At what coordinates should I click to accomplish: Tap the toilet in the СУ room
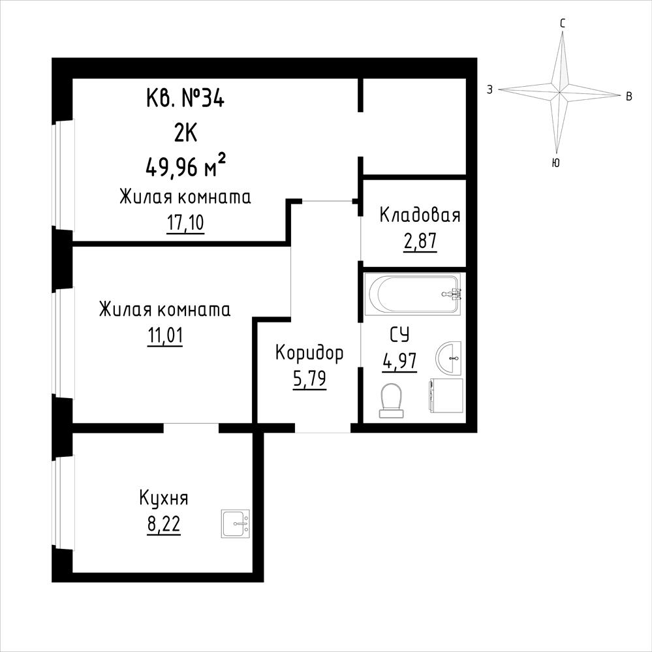pos(392,400)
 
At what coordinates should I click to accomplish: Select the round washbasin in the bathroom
pos(448,358)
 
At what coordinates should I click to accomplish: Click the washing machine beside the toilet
pos(446,396)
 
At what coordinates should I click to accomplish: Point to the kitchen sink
pos(236,523)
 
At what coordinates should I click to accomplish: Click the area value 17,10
pos(185,223)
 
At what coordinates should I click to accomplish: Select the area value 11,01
pos(165,336)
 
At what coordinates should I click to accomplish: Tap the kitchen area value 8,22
pos(164,524)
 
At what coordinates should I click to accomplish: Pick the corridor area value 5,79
pos(309,379)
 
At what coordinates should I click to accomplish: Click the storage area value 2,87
pos(420,241)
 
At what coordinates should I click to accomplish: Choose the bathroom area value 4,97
pos(399,361)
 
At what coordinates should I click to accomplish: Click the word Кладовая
pos(420,216)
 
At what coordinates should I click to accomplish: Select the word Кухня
pos(164,499)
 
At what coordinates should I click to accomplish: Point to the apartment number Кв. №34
pos(185,100)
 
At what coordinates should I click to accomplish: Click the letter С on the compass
pos(563,23)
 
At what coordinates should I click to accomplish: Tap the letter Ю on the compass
pos(555,163)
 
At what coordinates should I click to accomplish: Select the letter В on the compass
pos(629,97)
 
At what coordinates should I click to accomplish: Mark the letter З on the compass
pos(490,89)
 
